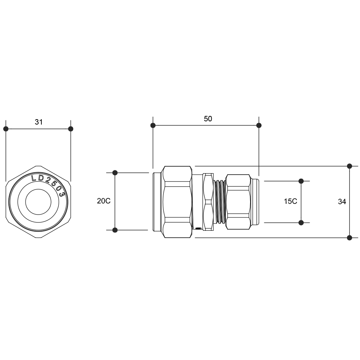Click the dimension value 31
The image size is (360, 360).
coord(39,122)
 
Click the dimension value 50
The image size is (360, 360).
coord(208,119)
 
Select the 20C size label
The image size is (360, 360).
coord(104,201)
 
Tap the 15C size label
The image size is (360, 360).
coord(291,201)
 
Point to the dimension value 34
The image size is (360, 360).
coord(342,202)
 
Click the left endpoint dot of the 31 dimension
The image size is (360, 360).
coord(6,129)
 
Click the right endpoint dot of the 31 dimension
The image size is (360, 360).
coord(71,129)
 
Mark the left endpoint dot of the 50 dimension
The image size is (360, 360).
coord(153,125)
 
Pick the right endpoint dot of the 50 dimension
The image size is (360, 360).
coord(259,125)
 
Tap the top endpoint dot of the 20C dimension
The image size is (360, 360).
coord(115,173)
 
